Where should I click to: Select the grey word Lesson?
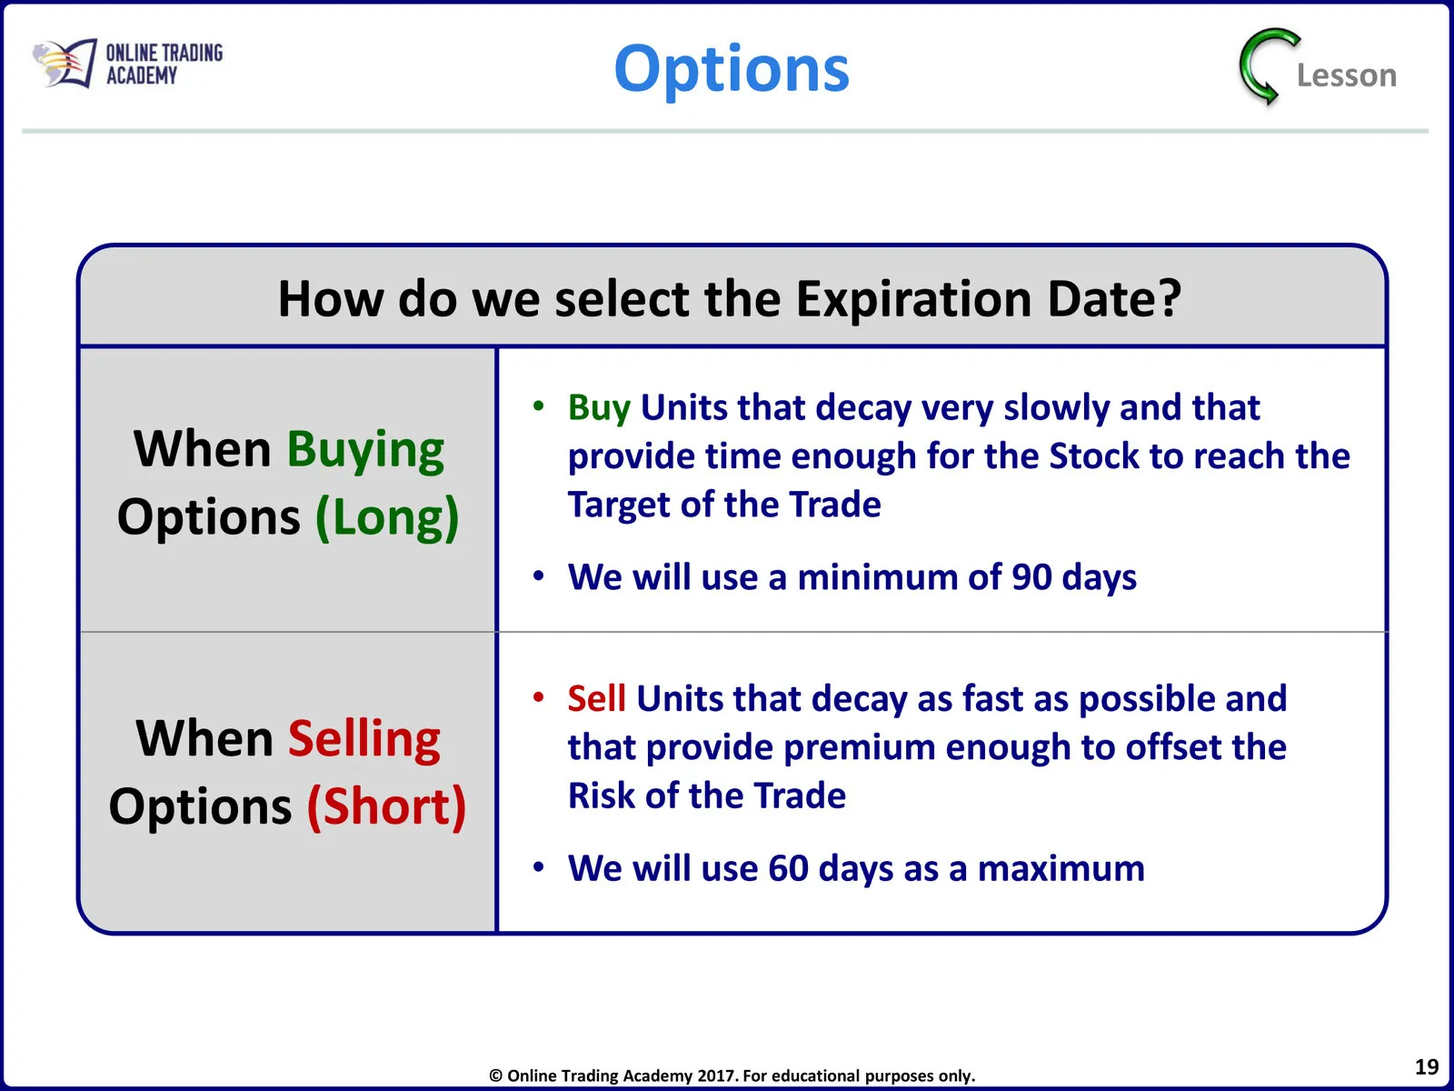[1347, 75]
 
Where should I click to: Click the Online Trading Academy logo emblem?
[65, 63]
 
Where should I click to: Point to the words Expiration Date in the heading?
[988, 299]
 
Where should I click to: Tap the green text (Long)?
[387, 518]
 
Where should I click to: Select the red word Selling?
[364, 739]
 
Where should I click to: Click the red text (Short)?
[387, 806]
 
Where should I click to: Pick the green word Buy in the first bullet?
[599, 408]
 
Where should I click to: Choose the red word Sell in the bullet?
[596, 698]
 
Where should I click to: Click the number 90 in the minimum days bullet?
[1031, 577]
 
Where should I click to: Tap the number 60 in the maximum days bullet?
[788, 867]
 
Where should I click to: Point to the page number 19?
[1427, 1067]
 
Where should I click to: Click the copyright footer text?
[732, 1076]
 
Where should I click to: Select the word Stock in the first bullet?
[1093, 455]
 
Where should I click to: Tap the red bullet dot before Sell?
[539, 696]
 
